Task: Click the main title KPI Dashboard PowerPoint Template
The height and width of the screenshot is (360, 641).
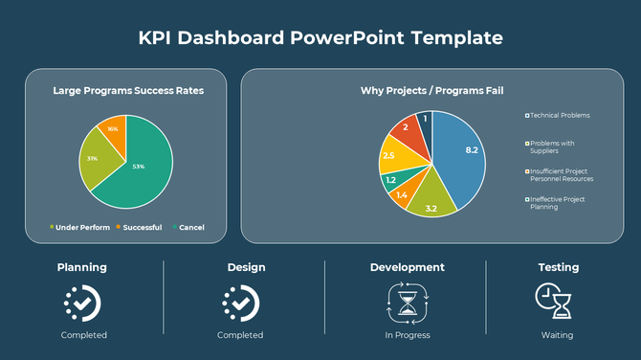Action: tap(320, 38)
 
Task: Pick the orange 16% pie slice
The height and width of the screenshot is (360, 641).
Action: tap(113, 130)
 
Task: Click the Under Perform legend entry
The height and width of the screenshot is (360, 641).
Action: tap(77, 227)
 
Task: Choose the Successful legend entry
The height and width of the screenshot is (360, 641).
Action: tap(139, 227)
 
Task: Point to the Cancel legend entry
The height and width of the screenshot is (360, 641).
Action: tap(188, 227)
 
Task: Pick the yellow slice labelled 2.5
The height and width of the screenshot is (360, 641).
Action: tap(392, 156)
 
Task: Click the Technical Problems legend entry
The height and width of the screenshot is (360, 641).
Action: tap(559, 115)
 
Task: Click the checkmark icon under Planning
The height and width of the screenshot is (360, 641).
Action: tap(82, 303)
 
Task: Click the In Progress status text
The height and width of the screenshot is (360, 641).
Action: tap(407, 335)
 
